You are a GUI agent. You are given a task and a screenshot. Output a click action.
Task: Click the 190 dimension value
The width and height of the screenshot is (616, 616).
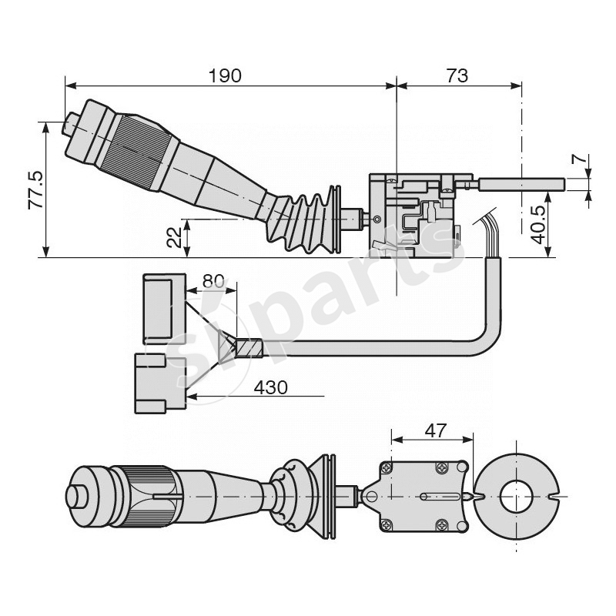coord(225,75)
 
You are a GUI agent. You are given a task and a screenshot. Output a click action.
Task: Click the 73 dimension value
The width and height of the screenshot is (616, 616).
coord(457,75)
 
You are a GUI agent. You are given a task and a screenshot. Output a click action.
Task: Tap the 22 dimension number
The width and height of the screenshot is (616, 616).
coord(176,236)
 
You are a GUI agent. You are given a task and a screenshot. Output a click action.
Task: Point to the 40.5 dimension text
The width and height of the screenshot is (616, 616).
coord(541,223)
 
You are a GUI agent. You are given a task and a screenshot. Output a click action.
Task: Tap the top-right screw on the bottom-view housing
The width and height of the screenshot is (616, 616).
coord(442,468)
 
